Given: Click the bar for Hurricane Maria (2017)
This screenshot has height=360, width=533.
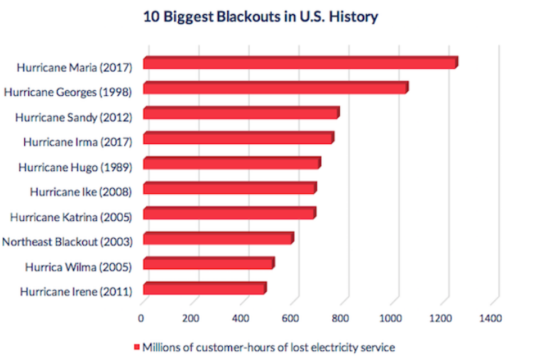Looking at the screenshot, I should (300, 63).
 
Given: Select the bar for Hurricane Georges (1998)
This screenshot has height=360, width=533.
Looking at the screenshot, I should (275, 88).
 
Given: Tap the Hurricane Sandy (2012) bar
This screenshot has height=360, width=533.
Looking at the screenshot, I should (241, 113).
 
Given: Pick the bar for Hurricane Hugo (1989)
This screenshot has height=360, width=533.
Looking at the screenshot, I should (231, 164).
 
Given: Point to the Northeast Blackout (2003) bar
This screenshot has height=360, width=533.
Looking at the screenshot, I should (218, 239).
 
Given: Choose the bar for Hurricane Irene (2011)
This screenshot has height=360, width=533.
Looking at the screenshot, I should (204, 289).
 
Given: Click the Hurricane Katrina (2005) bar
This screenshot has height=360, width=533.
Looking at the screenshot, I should (229, 214).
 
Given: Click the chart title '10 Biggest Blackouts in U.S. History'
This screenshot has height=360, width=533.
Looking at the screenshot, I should (261, 17).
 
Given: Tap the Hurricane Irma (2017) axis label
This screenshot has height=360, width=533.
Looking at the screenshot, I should (77, 141).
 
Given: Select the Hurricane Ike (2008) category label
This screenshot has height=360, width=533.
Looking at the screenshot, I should (81, 191).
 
